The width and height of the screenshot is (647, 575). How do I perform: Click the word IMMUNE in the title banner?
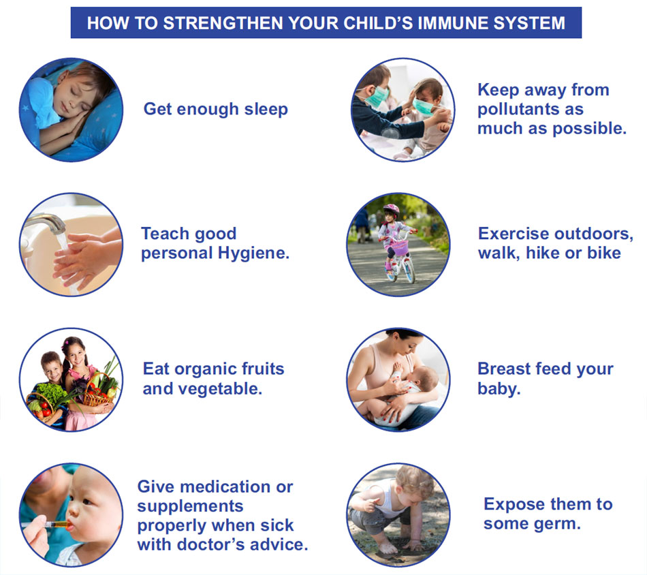tap(453, 23)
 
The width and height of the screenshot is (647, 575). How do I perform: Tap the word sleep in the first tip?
tap(266, 110)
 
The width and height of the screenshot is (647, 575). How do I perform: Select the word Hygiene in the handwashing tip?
tap(253, 253)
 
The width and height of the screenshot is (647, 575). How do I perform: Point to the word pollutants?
tap(531, 110)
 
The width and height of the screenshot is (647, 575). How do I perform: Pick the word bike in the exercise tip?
tap(604, 253)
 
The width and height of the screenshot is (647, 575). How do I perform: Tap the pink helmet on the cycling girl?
tap(391, 210)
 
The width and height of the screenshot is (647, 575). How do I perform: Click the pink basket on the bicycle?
tap(399, 248)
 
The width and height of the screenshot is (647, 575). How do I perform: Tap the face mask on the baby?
tap(424, 107)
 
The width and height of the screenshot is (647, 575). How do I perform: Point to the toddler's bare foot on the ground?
tap(385, 548)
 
